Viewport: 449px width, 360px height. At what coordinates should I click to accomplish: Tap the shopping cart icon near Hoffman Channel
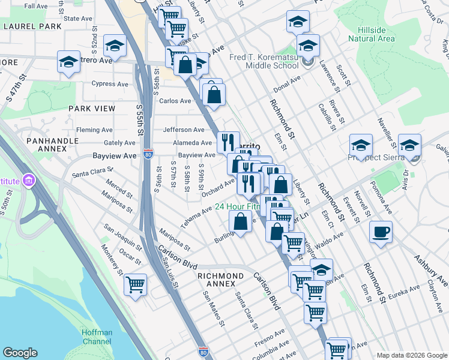[x=136, y=284]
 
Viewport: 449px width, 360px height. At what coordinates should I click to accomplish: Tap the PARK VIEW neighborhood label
[x=92, y=109]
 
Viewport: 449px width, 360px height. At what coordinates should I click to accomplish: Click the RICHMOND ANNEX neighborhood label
[x=220, y=276]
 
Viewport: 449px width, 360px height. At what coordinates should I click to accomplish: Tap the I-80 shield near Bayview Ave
[x=148, y=155]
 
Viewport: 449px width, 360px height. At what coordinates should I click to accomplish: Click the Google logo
[x=20, y=352]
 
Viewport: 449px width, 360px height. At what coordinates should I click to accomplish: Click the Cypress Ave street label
[x=110, y=84]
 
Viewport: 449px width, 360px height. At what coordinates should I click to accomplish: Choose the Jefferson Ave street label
[x=184, y=130]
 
